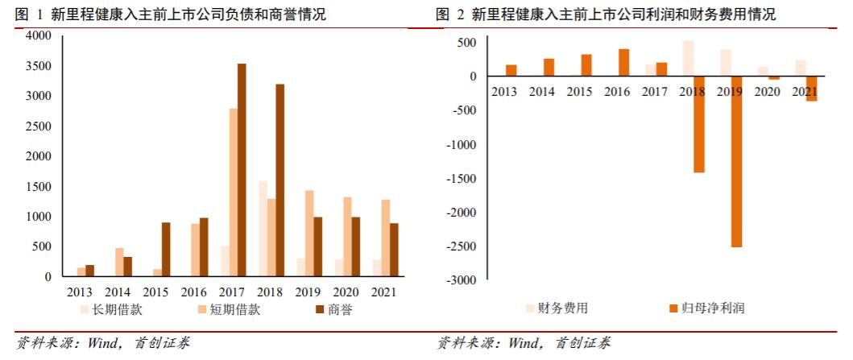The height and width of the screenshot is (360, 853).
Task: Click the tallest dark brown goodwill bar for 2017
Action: click(x=242, y=170)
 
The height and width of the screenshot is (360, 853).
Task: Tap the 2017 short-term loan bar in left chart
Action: click(x=233, y=192)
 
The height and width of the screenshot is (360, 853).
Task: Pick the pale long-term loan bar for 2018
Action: click(x=262, y=229)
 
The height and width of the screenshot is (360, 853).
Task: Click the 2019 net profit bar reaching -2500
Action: click(x=736, y=161)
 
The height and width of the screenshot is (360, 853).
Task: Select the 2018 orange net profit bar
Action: click(x=698, y=124)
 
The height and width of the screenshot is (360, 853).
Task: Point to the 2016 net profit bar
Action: click(x=623, y=63)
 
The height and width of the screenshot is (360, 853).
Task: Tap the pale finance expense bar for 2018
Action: click(x=688, y=59)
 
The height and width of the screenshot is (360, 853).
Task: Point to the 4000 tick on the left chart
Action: click(x=38, y=36)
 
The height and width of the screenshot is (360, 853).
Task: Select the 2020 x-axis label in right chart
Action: click(x=765, y=92)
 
